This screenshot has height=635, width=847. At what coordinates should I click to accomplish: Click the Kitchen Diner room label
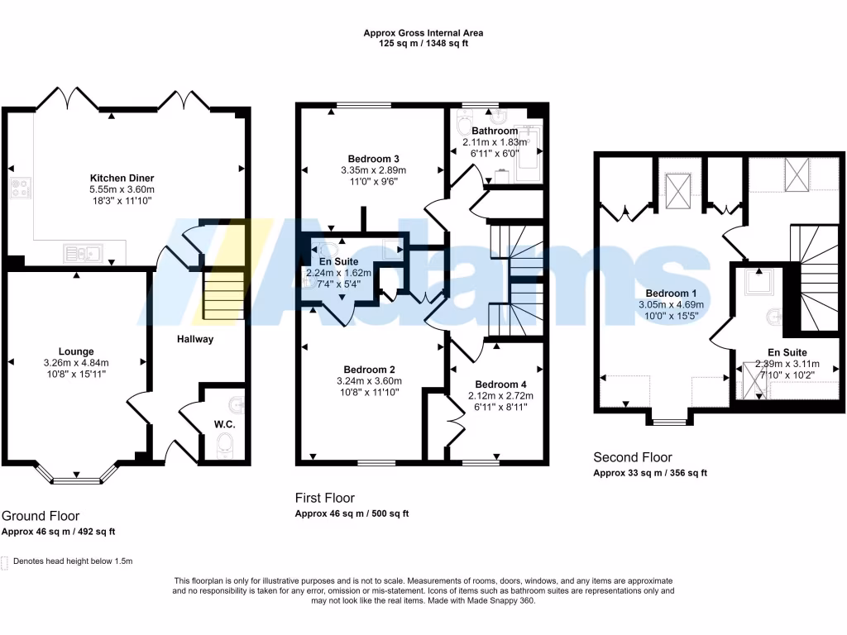[122, 178]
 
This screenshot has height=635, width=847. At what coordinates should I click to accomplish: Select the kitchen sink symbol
[84, 253]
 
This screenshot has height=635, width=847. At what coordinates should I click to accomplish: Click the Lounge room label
[76, 351]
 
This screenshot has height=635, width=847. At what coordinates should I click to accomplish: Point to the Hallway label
[194, 339]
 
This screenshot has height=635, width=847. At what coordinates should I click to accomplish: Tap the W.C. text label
[225, 424]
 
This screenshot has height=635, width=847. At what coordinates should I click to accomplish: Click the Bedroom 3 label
[374, 159]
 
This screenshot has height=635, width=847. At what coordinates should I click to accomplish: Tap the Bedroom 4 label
[500, 384]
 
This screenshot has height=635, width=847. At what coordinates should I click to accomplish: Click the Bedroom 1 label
[672, 294]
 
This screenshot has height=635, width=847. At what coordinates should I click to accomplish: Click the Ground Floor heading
[41, 516]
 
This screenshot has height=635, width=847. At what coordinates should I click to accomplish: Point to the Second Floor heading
[633, 457]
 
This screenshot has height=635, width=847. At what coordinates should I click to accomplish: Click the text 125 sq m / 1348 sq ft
[423, 44]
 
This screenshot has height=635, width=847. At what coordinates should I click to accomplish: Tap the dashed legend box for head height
[6, 561]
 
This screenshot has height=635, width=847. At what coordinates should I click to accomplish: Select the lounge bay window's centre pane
[76, 478]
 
